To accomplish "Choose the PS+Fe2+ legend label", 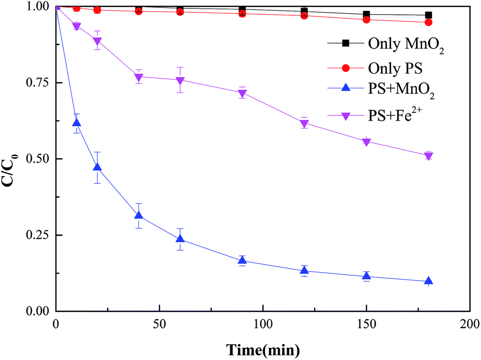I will point(398,116).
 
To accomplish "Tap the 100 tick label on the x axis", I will point(263,325).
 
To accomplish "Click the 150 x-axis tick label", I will point(366,325).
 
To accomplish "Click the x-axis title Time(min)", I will point(263,350).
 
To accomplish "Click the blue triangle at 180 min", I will point(428,281).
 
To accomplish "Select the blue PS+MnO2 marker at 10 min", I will point(77,123).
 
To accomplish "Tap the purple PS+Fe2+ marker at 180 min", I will point(428,156).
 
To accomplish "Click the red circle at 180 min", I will point(428,22).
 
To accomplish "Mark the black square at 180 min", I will point(428,15).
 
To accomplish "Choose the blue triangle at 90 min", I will point(242,261).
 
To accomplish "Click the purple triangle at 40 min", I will point(138,77).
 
